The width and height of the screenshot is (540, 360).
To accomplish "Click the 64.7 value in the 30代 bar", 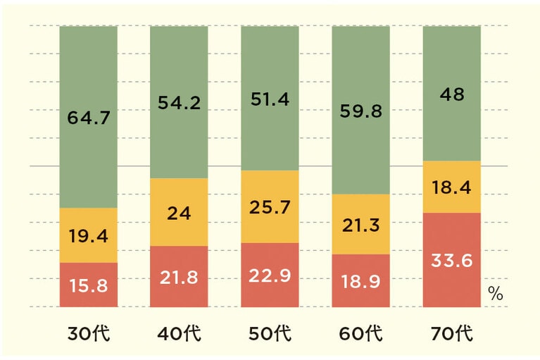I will click(88, 118).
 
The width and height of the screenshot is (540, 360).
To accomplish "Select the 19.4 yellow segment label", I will click(88, 236).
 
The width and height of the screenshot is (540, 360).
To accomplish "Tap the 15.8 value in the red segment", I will click(88, 287).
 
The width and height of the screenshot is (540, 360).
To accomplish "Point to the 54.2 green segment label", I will click(179, 103).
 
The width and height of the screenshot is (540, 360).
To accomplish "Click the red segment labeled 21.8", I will click(179, 278).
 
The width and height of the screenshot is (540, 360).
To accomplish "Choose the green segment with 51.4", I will click(270, 99).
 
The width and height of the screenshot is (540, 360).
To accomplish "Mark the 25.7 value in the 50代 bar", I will click(270, 208).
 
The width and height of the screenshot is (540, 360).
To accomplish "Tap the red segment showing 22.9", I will click(270, 276).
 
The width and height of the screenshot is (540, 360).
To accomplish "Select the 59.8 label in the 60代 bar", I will click(360, 111).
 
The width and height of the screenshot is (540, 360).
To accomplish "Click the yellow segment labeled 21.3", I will click(360, 225).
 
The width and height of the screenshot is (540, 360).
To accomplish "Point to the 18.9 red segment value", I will click(360, 282).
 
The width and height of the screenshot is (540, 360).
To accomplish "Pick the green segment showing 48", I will click(451, 94).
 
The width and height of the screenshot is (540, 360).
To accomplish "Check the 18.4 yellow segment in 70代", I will click(451, 187).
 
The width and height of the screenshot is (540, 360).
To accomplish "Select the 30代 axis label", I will click(88, 333).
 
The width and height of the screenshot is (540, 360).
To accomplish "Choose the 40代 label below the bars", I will click(179, 333).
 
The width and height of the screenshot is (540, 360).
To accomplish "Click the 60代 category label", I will click(360, 333).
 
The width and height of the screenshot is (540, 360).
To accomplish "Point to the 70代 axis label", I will click(451, 333).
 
